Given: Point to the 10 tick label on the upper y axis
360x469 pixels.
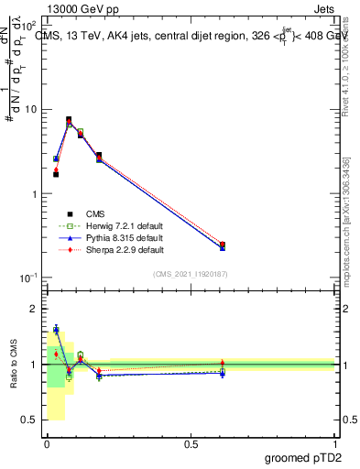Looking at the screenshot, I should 30,110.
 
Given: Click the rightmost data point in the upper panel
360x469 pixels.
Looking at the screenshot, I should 223,245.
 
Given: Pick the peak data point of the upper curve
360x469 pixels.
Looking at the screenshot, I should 70,119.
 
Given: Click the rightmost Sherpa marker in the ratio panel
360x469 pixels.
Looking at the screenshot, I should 223,364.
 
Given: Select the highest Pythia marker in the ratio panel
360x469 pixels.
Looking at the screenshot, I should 56,329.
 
